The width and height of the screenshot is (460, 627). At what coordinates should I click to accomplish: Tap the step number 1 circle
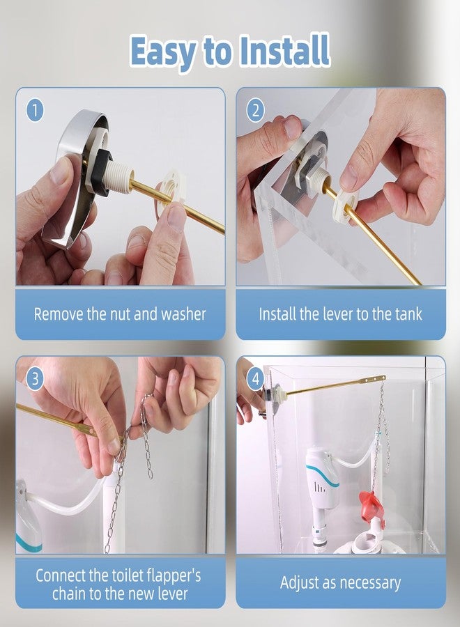(x=36, y=110)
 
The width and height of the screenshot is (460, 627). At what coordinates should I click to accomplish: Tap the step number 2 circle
(x=256, y=110)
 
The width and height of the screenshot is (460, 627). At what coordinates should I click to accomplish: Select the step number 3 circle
(x=36, y=379)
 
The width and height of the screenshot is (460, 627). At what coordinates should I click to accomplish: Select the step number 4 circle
(x=256, y=379)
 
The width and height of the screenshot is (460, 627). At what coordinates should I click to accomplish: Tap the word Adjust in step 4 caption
(x=301, y=583)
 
